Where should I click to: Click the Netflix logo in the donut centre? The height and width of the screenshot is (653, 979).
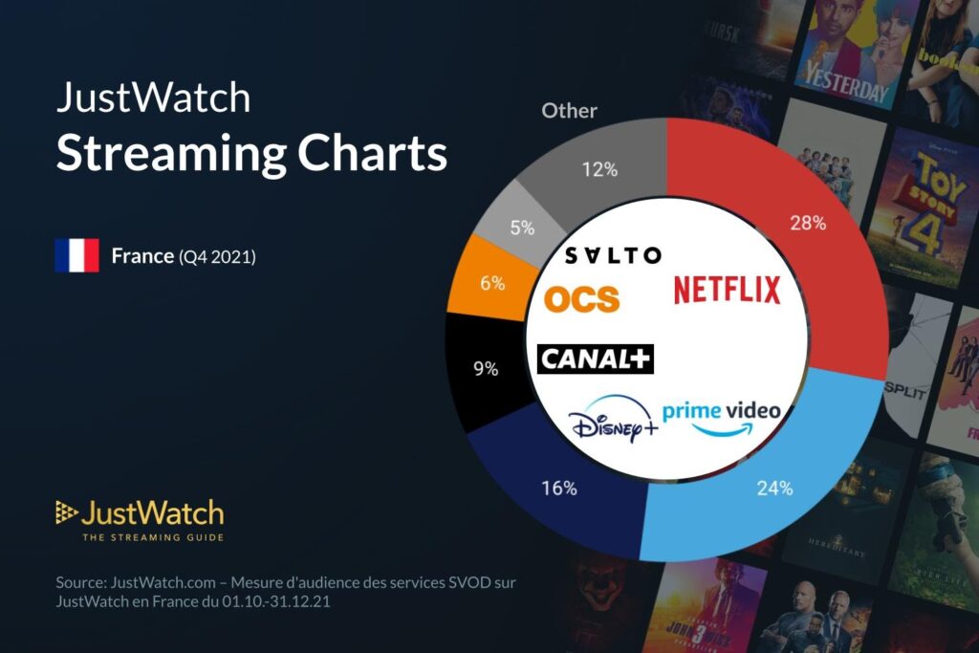click(727, 289)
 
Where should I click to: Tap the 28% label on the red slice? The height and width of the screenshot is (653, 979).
click(807, 223)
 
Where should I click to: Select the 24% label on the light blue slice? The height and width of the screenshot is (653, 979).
click(775, 488)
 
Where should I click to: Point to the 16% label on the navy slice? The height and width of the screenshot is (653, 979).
click(559, 488)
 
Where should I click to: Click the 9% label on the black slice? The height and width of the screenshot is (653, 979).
click(486, 367)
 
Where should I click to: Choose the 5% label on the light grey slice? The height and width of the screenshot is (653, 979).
click(522, 228)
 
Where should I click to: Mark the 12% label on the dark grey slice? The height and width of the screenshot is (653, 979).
click(600, 170)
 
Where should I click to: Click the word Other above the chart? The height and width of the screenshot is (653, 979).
click(569, 111)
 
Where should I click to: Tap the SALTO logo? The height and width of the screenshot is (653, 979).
click(612, 255)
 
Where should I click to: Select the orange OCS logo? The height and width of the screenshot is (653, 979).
click(581, 299)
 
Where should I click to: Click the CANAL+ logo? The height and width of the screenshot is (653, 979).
click(595, 359)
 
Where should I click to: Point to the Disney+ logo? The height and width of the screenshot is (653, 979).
click(612, 424)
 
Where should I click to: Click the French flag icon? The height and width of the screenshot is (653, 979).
click(76, 256)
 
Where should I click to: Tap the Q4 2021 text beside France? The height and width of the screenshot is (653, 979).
click(217, 256)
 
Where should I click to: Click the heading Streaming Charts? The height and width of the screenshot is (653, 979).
click(251, 154)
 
